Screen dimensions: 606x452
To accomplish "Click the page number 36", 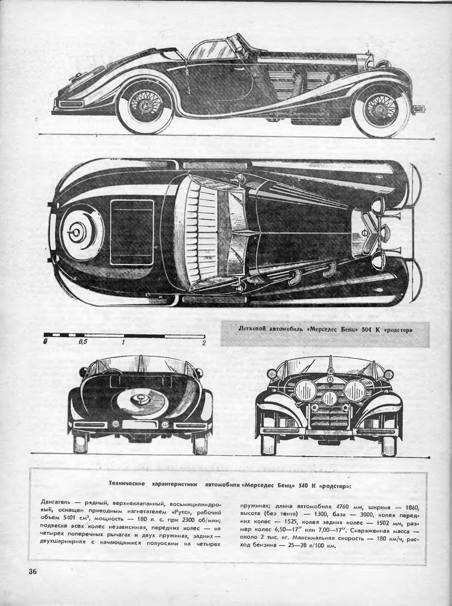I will click(29, 572).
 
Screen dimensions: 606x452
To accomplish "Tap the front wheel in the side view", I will click(380, 108).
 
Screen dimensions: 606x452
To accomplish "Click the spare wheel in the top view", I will click(79, 232).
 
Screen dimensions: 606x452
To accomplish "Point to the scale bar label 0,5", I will click(83, 343).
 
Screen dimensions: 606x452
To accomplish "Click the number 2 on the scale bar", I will click(203, 343).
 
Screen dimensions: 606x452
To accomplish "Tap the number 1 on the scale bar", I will click(123, 343).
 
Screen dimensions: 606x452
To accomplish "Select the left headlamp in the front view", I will click(306, 390).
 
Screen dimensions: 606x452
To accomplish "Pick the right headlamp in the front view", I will click(355, 391).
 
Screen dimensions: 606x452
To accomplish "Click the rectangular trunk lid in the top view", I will click(132, 232).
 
